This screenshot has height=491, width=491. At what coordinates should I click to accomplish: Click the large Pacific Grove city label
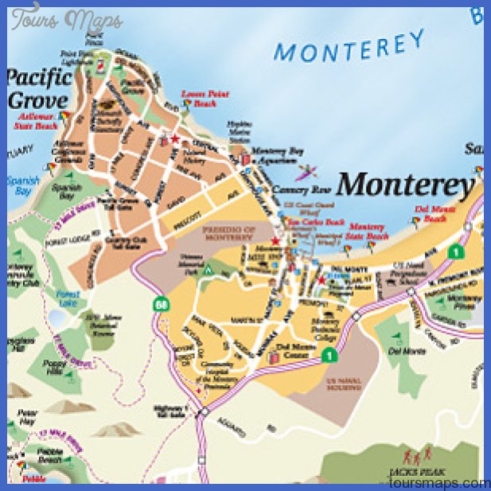(x=40, y=88)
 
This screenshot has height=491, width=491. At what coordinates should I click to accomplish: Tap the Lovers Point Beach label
(x=205, y=98)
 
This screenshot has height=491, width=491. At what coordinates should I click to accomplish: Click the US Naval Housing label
(x=345, y=384)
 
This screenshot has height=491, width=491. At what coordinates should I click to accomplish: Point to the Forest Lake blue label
(x=68, y=297)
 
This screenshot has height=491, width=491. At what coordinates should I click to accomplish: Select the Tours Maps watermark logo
(x=67, y=18)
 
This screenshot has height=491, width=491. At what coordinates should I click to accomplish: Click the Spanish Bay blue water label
(x=22, y=185)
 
